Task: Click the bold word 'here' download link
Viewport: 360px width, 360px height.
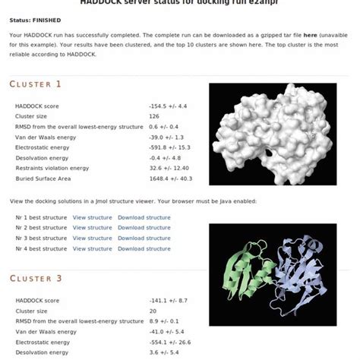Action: tap(311, 36)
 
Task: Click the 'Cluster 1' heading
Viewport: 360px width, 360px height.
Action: tap(36, 84)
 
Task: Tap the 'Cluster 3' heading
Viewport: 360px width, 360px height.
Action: tap(36, 279)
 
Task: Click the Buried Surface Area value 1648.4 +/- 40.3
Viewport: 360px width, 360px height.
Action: tap(172, 178)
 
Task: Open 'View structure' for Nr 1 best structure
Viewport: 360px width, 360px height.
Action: tap(92, 217)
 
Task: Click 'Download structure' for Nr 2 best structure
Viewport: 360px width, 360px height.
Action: tap(144, 228)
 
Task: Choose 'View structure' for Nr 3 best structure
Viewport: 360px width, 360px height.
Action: tap(92, 238)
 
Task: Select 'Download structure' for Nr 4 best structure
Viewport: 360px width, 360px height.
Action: tap(144, 249)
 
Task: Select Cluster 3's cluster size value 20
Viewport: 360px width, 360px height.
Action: tap(153, 311)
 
